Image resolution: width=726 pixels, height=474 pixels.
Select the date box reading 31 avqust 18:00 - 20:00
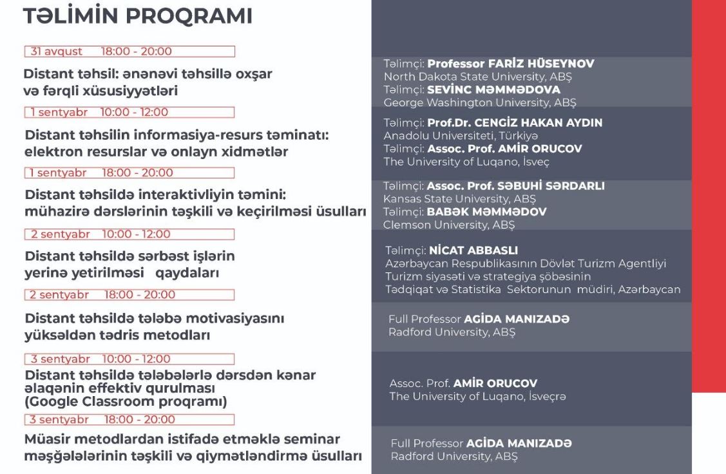(x=129, y=52)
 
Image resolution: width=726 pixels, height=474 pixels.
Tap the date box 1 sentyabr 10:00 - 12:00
(x=129, y=112)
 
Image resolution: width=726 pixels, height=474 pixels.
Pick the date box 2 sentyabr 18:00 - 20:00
(x=129, y=295)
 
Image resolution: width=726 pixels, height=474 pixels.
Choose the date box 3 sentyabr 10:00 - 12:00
(x=129, y=359)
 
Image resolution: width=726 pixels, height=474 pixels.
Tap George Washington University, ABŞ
(x=479, y=102)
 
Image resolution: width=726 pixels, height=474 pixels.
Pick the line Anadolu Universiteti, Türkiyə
(x=461, y=136)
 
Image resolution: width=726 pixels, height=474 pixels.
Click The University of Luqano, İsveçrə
(x=477, y=396)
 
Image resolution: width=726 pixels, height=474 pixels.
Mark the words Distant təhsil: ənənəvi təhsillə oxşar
(x=148, y=74)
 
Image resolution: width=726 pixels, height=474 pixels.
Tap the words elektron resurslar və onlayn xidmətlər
(x=157, y=152)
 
